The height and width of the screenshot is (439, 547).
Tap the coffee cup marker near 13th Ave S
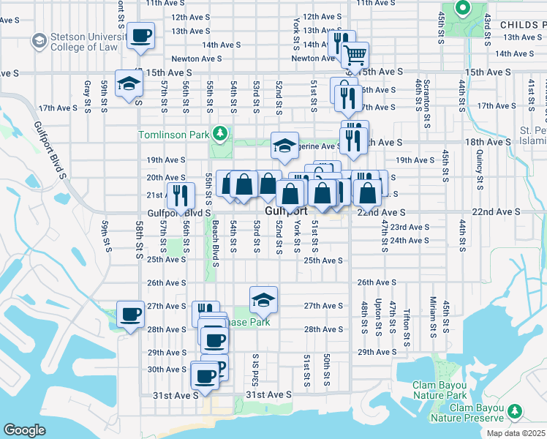141,35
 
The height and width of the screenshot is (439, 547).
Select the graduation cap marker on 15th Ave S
129,84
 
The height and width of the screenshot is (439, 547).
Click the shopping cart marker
355,54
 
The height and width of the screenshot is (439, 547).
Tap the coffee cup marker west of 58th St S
131,315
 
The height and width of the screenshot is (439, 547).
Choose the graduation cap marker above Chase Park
263,299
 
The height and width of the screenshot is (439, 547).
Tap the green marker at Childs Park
462,9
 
